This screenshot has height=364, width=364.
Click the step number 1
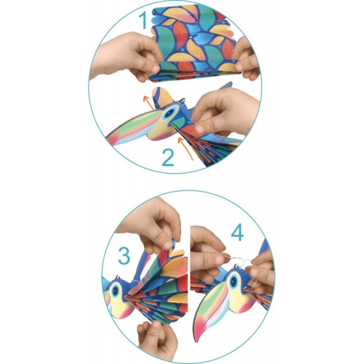tap(144, 20)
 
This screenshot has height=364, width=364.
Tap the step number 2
tap(168, 158)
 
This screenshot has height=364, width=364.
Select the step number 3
tap(124, 256)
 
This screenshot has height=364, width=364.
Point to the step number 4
tap(237, 233)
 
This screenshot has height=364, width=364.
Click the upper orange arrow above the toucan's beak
tap(148, 102)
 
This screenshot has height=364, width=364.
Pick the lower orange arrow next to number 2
tap(185, 148)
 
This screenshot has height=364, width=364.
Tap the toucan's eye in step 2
tap(169, 113)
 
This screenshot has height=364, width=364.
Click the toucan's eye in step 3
tap(115, 291)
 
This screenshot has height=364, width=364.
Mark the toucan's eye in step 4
tap(234, 281)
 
